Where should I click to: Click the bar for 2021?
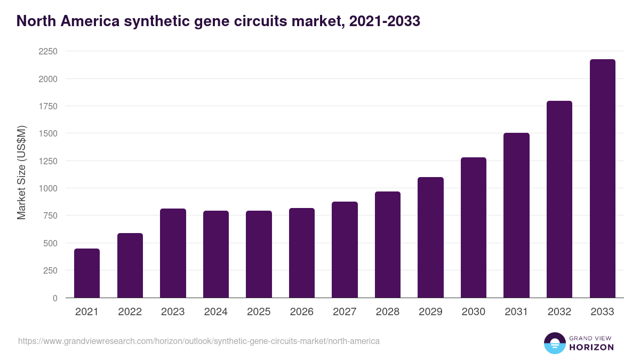point(87,273)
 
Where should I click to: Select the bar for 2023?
point(173,253)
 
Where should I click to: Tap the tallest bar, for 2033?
point(602,179)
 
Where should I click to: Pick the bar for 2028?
point(388,245)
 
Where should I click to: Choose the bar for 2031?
point(516,215)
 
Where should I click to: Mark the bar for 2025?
point(259,254)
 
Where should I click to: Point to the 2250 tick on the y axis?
point(47,51)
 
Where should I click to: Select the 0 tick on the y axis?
point(54,298)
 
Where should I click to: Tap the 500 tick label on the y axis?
point(50,243)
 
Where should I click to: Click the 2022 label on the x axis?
point(130,312)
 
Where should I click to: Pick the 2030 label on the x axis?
point(473,312)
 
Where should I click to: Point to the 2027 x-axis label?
point(345,312)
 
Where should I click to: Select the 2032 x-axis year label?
point(559,312)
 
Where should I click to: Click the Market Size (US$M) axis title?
point(21,172)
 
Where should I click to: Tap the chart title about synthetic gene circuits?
point(218,21)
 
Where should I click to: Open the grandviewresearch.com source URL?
point(199,341)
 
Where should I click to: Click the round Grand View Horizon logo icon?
point(554,343)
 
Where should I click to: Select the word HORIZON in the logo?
point(591,347)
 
